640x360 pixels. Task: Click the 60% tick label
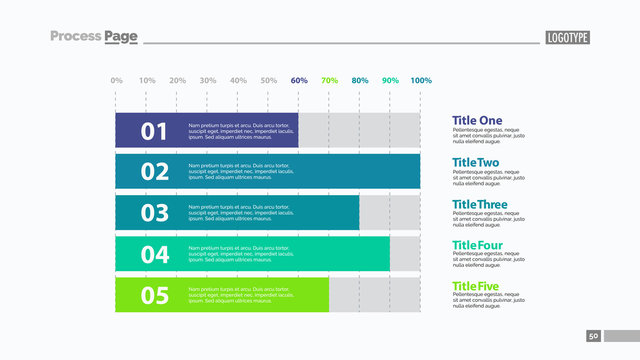[x=299, y=80]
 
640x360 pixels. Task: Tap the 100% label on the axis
[x=421, y=80]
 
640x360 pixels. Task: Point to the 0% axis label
[x=116, y=80]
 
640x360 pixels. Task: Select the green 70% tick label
[x=329, y=80]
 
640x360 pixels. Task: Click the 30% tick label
[x=207, y=80]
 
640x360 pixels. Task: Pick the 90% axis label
[x=390, y=80]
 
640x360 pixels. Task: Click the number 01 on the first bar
[x=154, y=131]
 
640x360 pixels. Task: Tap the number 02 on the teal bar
[x=154, y=172]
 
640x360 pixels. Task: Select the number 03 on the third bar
[x=154, y=213]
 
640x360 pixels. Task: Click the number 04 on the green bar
[x=154, y=254]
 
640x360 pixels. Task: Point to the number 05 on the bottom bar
[x=154, y=295]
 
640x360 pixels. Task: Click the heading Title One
[x=477, y=121]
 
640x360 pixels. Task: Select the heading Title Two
[x=475, y=162]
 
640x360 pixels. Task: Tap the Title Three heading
[x=480, y=204]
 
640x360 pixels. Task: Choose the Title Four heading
[x=478, y=245]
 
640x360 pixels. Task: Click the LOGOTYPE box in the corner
[x=568, y=38]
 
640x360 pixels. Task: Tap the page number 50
[x=593, y=336]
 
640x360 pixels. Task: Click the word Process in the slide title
[x=75, y=37]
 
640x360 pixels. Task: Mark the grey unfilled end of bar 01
[x=359, y=130]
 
